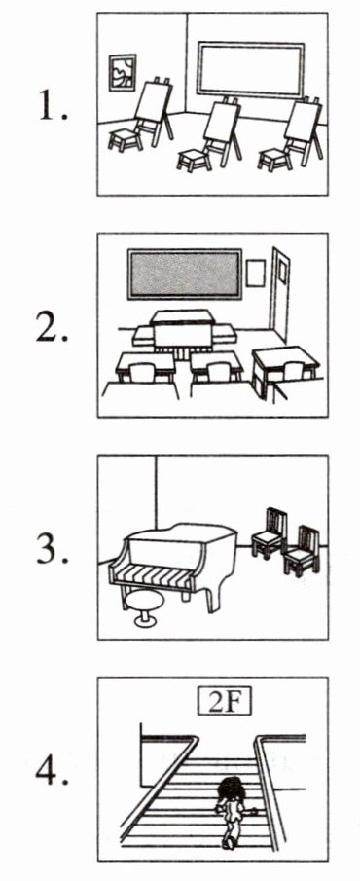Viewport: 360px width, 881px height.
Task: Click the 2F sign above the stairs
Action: (x=224, y=702)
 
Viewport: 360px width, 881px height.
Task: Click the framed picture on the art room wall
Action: (x=123, y=72)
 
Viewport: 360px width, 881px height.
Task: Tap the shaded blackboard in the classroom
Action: (x=185, y=275)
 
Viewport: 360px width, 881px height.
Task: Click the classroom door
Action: (x=279, y=294)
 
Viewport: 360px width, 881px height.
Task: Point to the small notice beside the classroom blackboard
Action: (x=256, y=274)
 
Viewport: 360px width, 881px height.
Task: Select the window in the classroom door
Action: (x=282, y=272)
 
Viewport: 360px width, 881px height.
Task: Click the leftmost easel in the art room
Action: (x=154, y=111)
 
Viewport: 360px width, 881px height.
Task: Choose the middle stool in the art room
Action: (x=195, y=159)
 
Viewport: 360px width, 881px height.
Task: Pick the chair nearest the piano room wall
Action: (x=269, y=532)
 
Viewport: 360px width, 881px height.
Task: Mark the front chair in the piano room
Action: (x=302, y=551)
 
